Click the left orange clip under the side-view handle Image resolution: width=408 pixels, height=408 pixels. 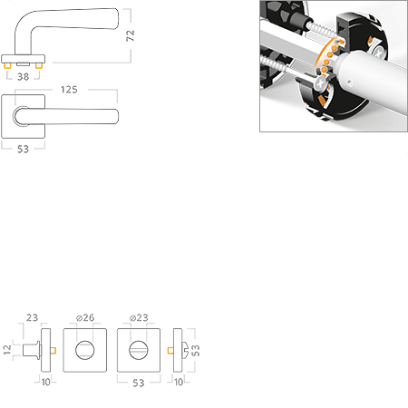[x=10, y=67]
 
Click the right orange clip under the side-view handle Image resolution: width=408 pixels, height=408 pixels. [x=40, y=67]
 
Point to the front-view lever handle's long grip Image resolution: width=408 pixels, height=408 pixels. [x=77, y=116]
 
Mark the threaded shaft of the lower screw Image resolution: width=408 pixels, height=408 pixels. [x=290, y=73]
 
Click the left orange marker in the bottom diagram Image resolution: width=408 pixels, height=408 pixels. [x=54, y=349]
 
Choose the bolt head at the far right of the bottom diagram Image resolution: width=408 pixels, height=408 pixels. [x=187, y=349]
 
